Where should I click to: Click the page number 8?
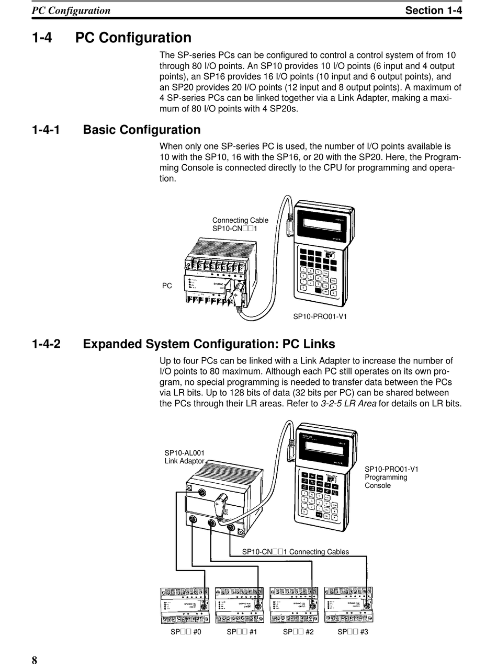coord(35,659)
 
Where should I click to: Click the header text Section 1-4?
coord(434,10)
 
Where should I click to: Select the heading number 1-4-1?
coord(46,130)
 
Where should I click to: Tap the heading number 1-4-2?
coord(46,344)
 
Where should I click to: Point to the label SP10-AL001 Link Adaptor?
coord(185,457)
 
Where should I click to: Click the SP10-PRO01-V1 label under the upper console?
coord(320,316)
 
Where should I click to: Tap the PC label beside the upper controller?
coord(167,286)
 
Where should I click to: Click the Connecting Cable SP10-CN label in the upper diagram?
coord(240,224)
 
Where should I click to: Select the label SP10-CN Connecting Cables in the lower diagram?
coord(295,552)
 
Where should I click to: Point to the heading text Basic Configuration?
coord(142,130)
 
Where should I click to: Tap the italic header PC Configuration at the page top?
coord(71,10)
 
